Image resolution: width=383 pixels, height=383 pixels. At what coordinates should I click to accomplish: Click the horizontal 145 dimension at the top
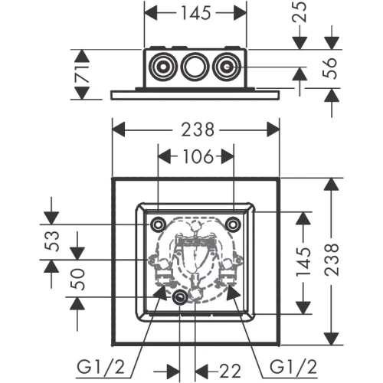tap(195, 13)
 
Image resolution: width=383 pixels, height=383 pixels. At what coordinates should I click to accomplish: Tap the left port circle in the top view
tap(162, 67)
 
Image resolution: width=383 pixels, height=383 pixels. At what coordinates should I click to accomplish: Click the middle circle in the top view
tap(194, 67)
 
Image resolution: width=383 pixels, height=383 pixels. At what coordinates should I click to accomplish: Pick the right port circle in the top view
tap(226, 67)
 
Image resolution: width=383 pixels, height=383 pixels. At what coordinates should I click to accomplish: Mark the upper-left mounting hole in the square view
tap(158, 224)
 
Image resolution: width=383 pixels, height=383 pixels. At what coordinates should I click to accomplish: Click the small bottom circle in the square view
tap(179, 299)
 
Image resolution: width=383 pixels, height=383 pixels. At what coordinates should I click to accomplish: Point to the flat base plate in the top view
tap(195, 94)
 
